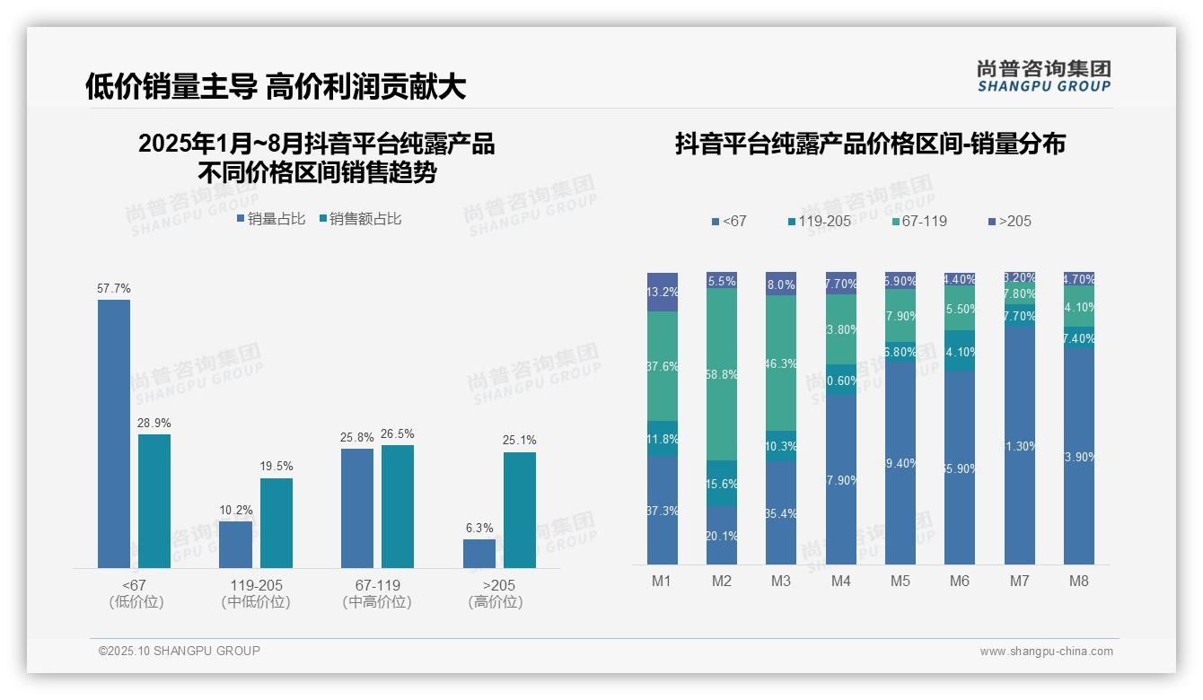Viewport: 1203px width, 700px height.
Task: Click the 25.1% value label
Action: [520, 441]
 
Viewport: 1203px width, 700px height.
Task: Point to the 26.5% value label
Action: [398, 433]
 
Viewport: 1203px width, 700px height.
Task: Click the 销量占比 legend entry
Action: [271, 218]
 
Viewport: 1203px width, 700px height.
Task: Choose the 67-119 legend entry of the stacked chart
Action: [919, 221]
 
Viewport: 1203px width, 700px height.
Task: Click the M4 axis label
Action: [840, 581]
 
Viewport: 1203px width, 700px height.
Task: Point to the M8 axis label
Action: [1078, 581]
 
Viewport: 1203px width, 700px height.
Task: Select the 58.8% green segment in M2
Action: [722, 374]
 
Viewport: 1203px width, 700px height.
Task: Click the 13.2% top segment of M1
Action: [663, 292]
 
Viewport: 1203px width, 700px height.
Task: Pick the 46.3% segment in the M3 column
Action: [781, 363]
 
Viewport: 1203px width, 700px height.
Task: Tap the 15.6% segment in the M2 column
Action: [722, 483]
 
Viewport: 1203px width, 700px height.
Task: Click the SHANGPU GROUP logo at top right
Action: [1043, 76]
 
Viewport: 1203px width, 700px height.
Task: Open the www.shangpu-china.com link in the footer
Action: [1046, 652]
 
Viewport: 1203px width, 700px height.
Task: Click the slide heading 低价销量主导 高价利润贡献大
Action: [275, 86]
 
